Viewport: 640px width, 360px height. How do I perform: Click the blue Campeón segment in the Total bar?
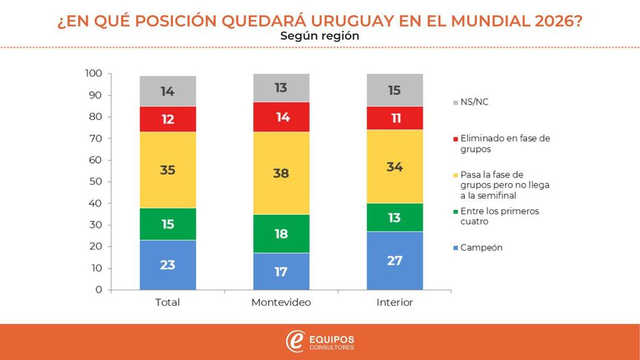[x=167, y=265]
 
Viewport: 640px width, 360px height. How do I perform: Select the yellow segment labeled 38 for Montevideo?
[x=281, y=173]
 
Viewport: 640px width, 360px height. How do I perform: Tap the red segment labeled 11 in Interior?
[x=394, y=118]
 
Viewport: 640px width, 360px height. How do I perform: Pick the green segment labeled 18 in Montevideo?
[x=281, y=234]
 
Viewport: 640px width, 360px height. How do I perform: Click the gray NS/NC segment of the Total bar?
[x=167, y=91]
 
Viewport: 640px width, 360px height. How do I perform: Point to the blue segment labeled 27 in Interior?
[x=394, y=261]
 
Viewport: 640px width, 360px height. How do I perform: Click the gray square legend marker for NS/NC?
[x=455, y=102]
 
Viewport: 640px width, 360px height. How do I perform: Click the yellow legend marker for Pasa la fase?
[x=455, y=175]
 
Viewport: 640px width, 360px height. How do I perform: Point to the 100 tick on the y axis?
[x=93, y=73]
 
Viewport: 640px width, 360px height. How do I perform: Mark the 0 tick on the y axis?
[x=99, y=289]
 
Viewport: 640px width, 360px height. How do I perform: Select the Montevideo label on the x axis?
[x=281, y=302]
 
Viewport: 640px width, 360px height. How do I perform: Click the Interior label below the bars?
[x=394, y=302]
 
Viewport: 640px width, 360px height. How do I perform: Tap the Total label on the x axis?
[x=167, y=302]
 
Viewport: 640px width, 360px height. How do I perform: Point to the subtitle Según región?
[x=320, y=36]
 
